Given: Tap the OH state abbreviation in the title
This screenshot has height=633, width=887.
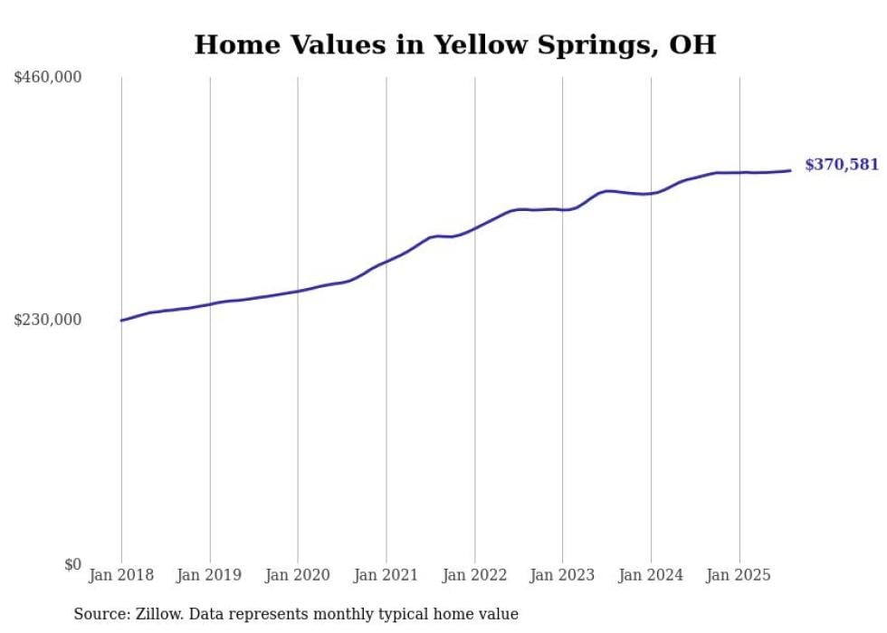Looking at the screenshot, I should pyautogui.click(x=692, y=44).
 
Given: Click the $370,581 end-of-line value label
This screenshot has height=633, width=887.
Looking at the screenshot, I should pyautogui.click(x=841, y=165).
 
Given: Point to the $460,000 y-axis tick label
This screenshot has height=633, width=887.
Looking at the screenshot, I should pyautogui.click(x=48, y=78).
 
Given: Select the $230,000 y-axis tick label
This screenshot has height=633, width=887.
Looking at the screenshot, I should pyautogui.click(x=48, y=320).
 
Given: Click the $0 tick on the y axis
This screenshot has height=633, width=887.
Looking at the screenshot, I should pyautogui.click(x=72, y=564).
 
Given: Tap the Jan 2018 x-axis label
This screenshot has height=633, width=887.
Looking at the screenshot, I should pyautogui.click(x=121, y=575).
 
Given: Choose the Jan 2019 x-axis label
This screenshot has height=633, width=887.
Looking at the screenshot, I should pyautogui.click(x=210, y=575).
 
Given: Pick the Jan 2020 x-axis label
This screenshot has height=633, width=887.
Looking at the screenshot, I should pyautogui.click(x=298, y=575).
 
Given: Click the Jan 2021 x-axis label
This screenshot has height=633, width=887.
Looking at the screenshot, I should pyautogui.click(x=386, y=575).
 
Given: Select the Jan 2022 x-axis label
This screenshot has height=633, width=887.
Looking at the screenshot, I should pyautogui.click(x=474, y=575).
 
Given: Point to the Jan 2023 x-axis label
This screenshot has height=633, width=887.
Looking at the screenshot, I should pyautogui.click(x=563, y=575).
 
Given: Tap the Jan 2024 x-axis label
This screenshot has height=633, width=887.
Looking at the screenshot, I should pyautogui.click(x=651, y=575).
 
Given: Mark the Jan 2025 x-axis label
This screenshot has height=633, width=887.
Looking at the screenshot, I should pyautogui.click(x=739, y=575).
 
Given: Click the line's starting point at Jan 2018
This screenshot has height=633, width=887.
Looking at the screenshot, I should pyautogui.click(x=121, y=321).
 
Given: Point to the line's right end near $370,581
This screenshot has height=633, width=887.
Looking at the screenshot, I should pyautogui.click(x=790, y=170).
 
